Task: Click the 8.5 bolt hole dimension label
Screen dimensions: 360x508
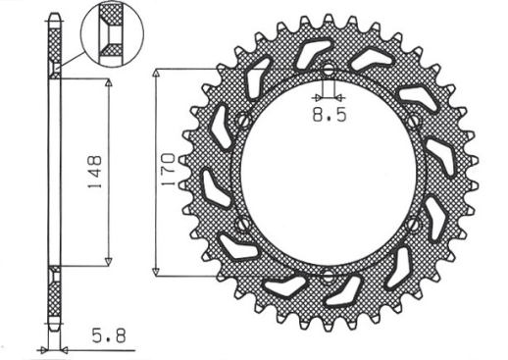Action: pyautogui.click(x=330, y=115)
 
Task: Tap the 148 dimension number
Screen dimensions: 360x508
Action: pyautogui.click(x=89, y=172)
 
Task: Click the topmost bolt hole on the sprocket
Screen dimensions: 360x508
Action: pyautogui.click(x=328, y=70)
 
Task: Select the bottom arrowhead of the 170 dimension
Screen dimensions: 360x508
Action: pyautogui.click(x=158, y=271)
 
